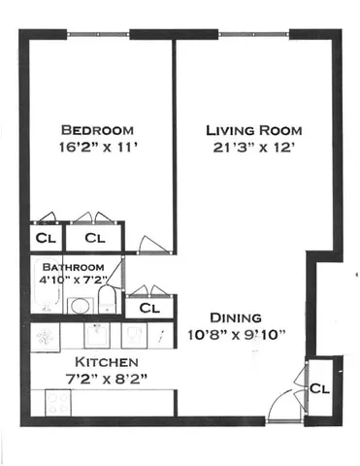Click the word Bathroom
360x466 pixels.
pos(71,267)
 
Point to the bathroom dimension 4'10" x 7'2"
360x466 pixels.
pos(71,282)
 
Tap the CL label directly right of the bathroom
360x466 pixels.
pos(148,308)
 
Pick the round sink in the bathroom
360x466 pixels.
pos(82,306)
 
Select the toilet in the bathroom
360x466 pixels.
pos(109,302)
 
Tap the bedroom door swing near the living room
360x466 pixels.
pos(147,242)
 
